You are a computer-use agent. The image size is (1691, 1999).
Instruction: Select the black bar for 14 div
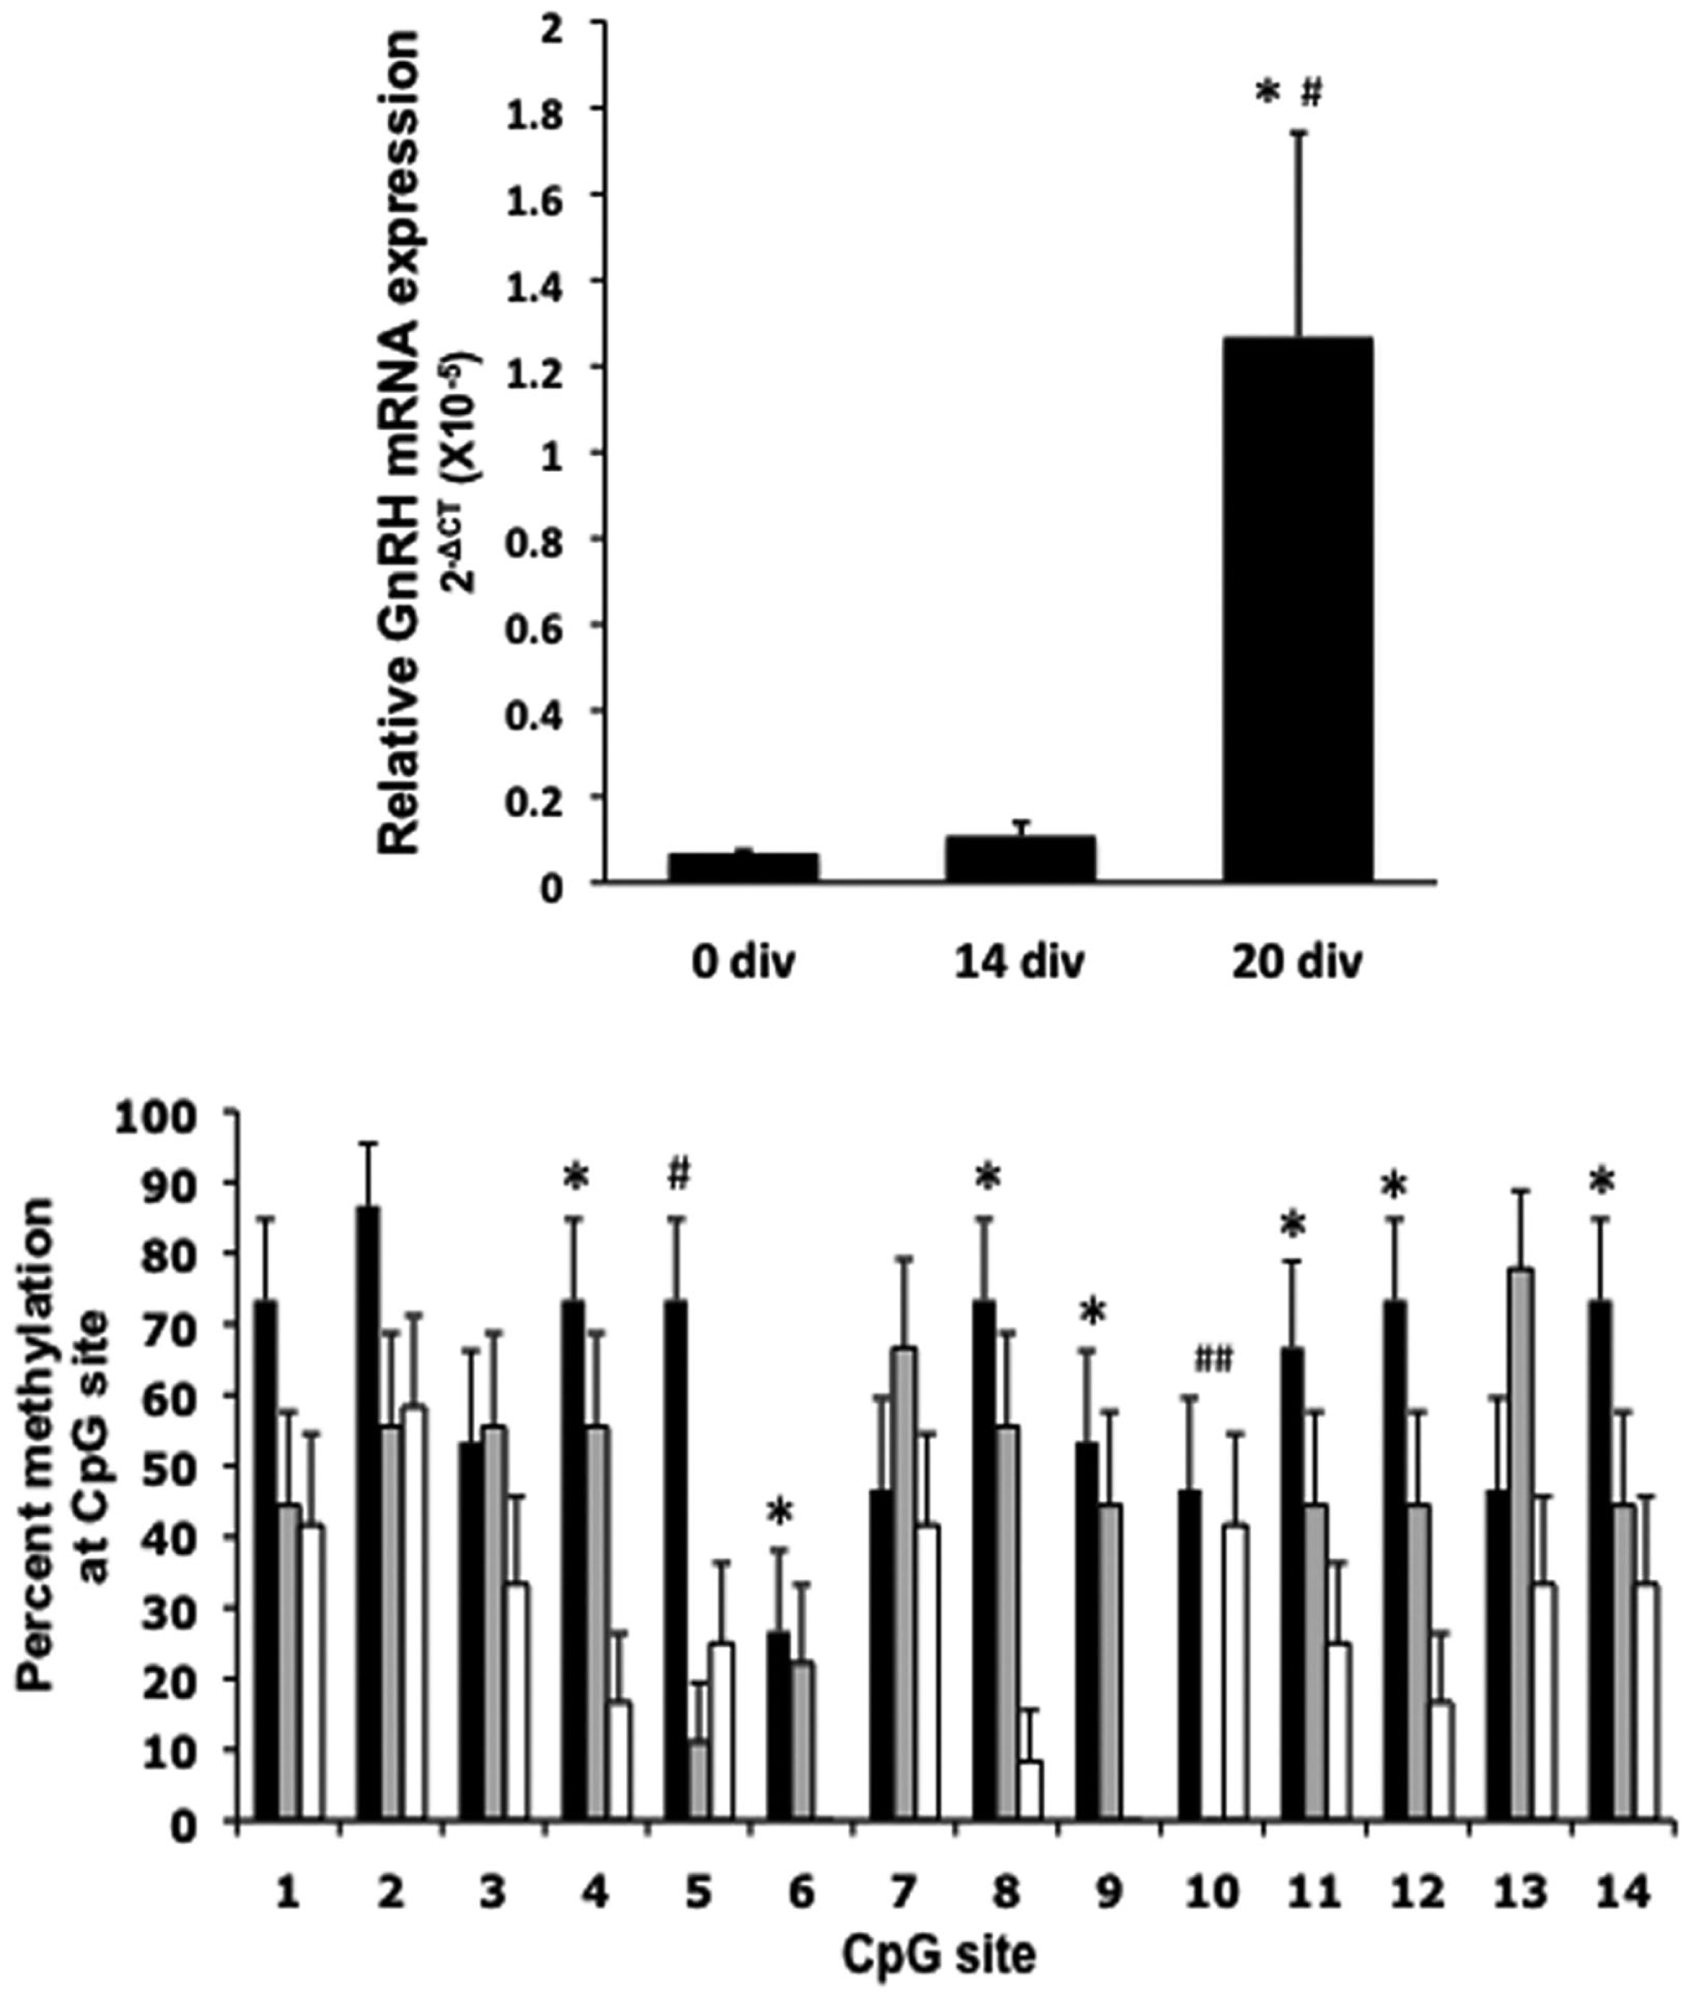(1020, 858)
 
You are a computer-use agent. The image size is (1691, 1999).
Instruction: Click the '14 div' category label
(1020, 963)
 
